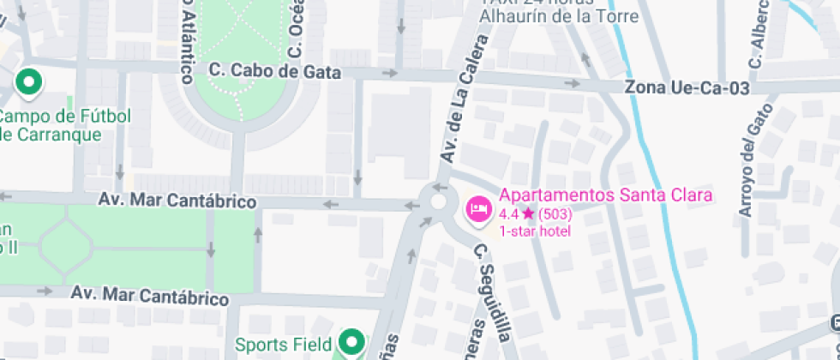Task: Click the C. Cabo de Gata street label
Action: [275, 72]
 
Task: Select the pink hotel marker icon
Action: [477, 208]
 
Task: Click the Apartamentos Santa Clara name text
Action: [606, 195]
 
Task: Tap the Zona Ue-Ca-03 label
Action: [687, 88]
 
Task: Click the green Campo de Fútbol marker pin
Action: [29, 84]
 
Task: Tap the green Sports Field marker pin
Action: [350, 344]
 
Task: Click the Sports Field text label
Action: [283, 345]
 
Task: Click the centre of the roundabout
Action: [440, 203]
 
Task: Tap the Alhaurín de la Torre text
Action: [559, 16]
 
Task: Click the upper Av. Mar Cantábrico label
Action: [177, 201]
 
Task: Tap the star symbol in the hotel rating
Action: [528, 213]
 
